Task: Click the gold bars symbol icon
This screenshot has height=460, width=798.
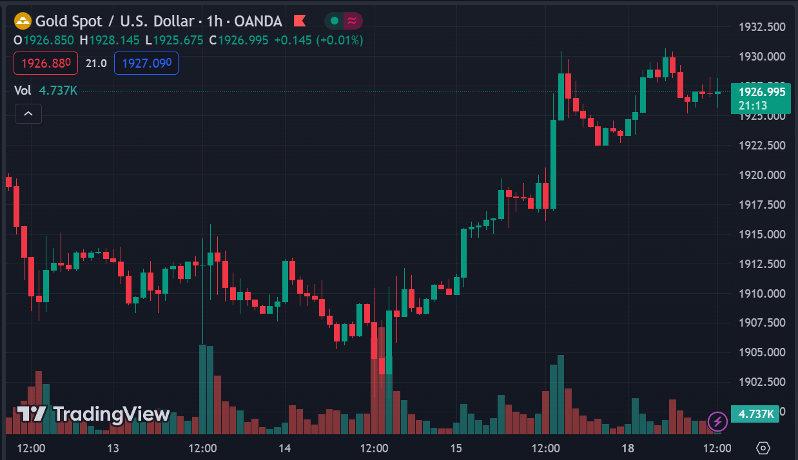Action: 23,21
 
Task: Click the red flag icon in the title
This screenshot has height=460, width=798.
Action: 300,21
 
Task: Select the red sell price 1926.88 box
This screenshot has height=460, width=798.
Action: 46,63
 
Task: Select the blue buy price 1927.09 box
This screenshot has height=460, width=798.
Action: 146,63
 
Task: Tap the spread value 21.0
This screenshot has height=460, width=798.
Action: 96,63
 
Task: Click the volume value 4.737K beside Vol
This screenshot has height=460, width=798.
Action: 58,91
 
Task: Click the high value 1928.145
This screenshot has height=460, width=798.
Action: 114,40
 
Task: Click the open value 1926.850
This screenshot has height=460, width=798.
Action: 49,40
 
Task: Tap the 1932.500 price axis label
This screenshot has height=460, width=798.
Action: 761,27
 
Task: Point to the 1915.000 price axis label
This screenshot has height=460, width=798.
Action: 761,235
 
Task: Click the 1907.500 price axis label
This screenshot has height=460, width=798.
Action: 761,323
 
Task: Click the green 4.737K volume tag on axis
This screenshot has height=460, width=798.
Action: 755,414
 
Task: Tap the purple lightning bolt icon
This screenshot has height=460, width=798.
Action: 717,422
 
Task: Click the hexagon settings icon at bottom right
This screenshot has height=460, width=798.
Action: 763,448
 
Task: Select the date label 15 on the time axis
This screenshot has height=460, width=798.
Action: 456,448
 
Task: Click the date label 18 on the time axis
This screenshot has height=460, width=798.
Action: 628,448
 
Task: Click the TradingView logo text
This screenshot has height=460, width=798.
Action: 93,414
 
